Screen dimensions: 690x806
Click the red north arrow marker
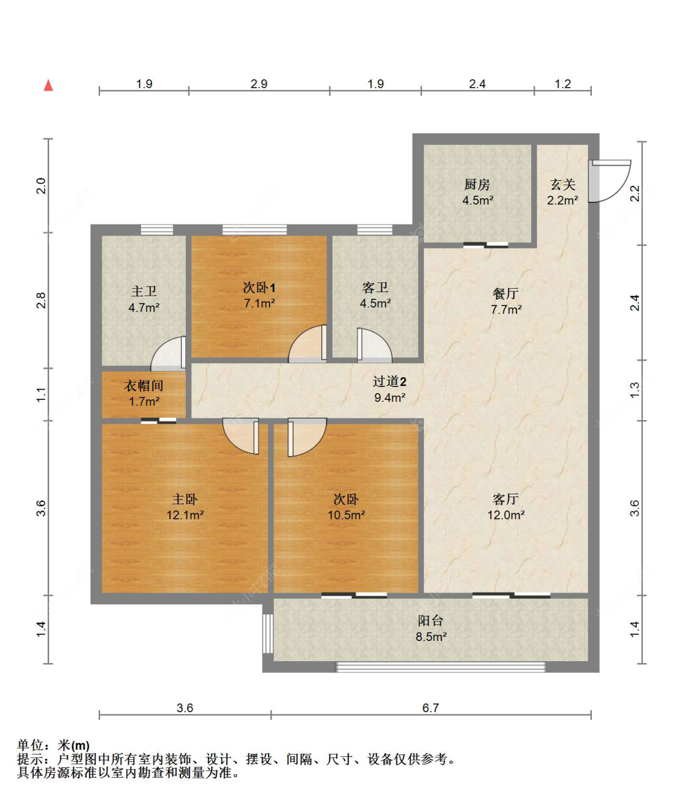[x=48, y=85]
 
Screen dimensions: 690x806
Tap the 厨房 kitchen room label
[x=477, y=185]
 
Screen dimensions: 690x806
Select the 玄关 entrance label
[x=562, y=185]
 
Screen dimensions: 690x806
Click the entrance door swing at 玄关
[x=610, y=181]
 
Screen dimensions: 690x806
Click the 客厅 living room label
[x=505, y=499]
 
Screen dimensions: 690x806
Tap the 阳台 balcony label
[x=431, y=621]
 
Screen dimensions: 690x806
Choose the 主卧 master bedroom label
[x=185, y=499]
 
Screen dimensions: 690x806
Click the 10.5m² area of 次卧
[x=346, y=515]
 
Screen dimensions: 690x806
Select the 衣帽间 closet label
[x=144, y=386]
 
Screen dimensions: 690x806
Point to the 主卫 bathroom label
[x=144, y=291]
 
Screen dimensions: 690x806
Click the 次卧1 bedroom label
[x=259, y=288]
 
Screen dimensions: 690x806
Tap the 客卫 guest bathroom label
[x=375, y=288]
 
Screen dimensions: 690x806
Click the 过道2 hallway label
[x=389, y=382]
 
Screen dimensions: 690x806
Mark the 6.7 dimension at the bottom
[x=431, y=708]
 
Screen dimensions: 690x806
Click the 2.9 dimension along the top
[x=259, y=84]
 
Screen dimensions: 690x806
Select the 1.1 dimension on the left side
[x=41, y=394]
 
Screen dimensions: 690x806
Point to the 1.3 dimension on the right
[x=635, y=390]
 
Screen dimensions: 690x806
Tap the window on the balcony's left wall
[x=267, y=634]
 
